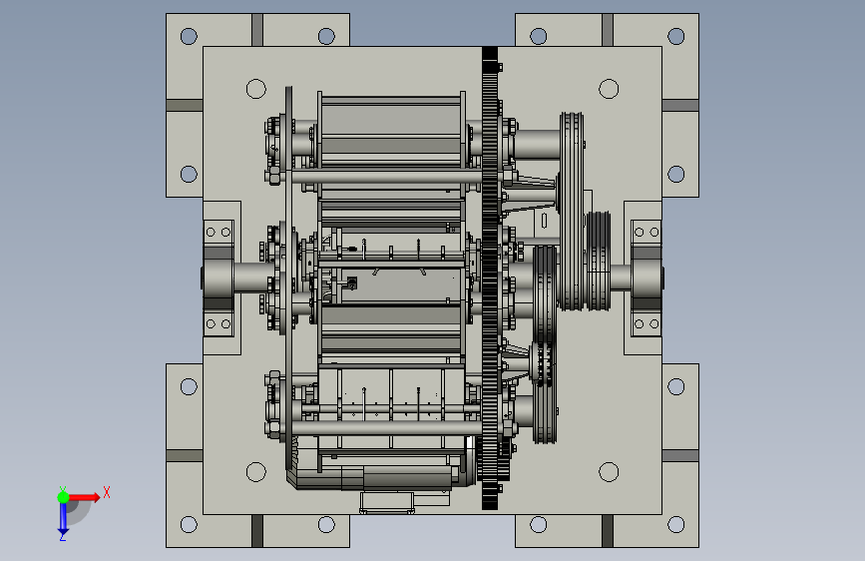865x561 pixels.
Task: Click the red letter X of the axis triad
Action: click(107, 492)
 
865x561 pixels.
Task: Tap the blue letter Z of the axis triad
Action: click(63, 536)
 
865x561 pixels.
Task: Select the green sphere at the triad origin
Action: click(64, 497)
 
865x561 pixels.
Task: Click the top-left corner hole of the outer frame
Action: click(189, 37)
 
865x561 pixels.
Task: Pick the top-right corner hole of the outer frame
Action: click(675, 37)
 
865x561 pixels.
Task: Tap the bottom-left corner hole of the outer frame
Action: click(189, 524)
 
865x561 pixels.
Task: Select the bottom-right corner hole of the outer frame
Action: click(675, 524)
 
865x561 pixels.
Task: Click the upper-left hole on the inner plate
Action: click(256, 89)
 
